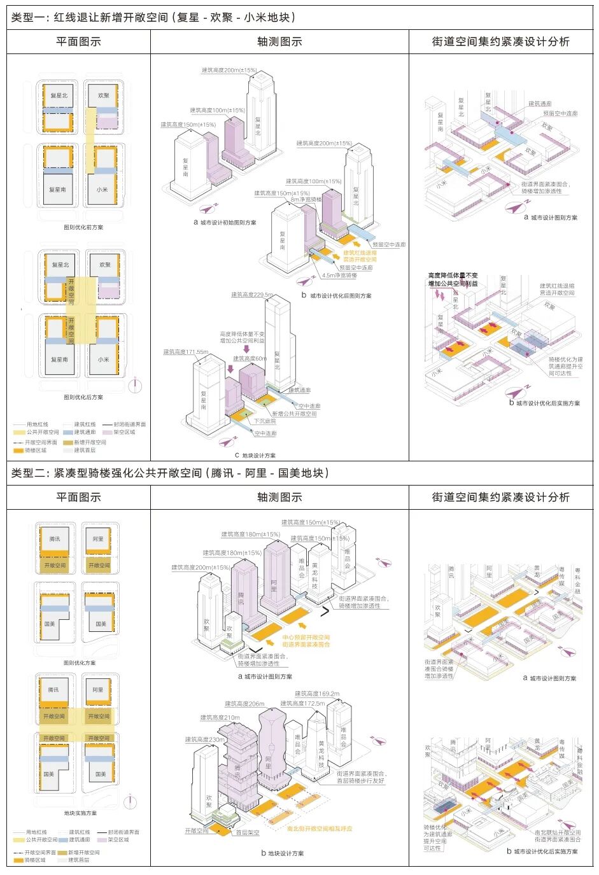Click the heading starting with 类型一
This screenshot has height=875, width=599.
tap(153, 17)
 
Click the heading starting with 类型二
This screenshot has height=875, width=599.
tap(171, 473)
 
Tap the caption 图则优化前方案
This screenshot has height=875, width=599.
tap(83, 227)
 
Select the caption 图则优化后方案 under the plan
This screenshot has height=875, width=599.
tap(83, 397)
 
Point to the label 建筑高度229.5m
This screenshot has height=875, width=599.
tap(252, 295)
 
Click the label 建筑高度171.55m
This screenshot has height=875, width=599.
tap(185, 352)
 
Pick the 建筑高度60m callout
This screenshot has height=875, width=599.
tap(250, 358)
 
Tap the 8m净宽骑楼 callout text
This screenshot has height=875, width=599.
tap(306, 200)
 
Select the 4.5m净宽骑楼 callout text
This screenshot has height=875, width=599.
tap(339, 276)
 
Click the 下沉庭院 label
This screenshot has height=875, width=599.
tap(265, 421)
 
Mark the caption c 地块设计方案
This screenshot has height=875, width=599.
tap(255, 456)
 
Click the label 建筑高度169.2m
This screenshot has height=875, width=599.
tap(317, 694)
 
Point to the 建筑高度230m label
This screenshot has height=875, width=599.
tap(204, 739)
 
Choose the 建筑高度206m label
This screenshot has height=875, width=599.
tap(244, 704)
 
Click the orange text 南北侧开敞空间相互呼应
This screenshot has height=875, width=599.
tap(319, 829)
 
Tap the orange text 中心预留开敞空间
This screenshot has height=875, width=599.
tap(306, 637)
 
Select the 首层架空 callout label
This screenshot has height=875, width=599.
tap(247, 832)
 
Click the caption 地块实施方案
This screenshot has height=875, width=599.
tap(80, 813)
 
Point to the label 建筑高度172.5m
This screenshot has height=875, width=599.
tap(303, 704)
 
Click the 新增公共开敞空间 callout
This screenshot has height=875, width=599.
tap(294, 414)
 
